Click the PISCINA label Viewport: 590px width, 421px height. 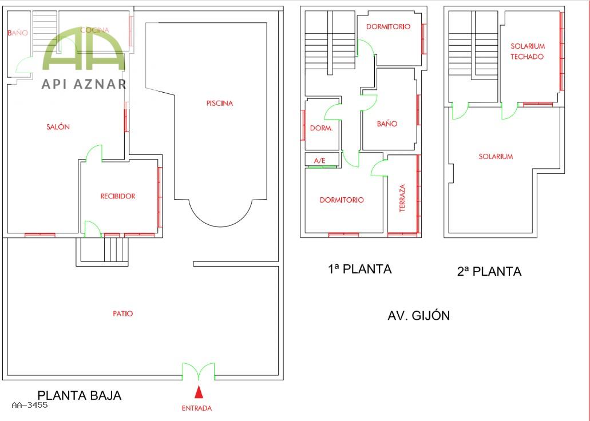click(x=220, y=103)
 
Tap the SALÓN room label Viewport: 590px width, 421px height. click(x=58, y=127)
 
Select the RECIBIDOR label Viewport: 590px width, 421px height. click(x=118, y=196)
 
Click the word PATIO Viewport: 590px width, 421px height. click(x=123, y=313)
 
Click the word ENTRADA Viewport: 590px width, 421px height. click(x=197, y=408)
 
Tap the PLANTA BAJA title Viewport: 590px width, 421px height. click(x=80, y=395)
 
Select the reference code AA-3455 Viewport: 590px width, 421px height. click(x=30, y=405)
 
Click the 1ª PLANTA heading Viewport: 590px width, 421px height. click(x=360, y=269)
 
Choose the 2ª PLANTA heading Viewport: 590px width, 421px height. click(x=489, y=271)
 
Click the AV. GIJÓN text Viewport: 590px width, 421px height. click(x=419, y=315)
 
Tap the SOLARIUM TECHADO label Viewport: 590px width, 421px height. click(x=527, y=51)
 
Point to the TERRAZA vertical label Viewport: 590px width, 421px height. click(x=402, y=198)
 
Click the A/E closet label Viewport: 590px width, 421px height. click(x=319, y=161)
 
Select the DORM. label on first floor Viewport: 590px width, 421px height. click(x=322, y=128)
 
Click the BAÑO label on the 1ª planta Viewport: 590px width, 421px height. click(x=387, y=124)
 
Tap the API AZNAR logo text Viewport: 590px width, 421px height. click(x=84, y=84)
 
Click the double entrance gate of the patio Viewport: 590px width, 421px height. click(x=199, y=372)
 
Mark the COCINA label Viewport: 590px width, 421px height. click(x=95, y=30)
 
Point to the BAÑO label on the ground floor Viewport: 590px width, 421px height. click(x=18, y=33)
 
